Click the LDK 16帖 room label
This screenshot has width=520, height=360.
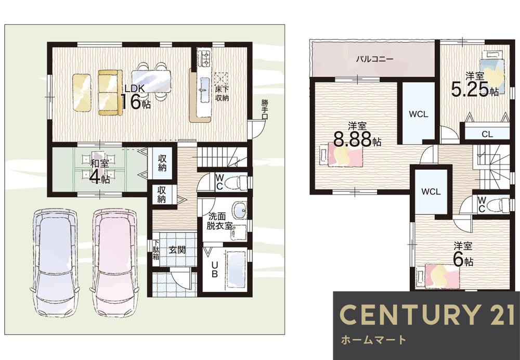(135, 97)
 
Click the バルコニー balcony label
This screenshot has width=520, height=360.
(374, 59)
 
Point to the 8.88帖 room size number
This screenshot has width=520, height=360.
(357, 139)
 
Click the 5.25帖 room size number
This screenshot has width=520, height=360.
(475, 89)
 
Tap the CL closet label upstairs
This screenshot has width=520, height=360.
(487, 134)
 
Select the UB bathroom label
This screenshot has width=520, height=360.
(215, 269)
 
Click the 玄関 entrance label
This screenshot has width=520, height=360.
(177, 250)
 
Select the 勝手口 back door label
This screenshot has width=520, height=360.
(264, 106)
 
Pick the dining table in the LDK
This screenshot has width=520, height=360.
(151, 81)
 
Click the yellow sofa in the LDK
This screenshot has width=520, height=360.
(108, 93)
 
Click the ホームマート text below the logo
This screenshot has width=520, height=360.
(373, 340)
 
